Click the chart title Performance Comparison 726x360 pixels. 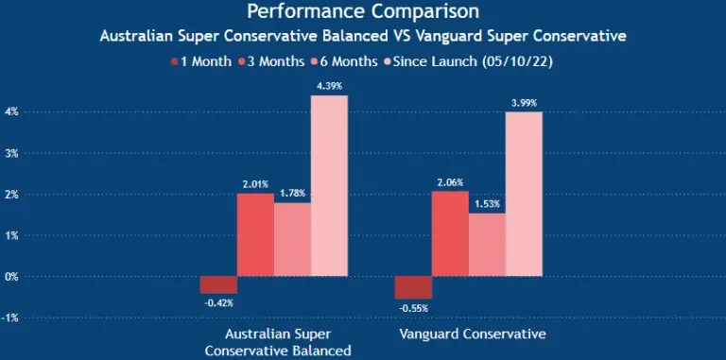pyautogui.click(x=362, y=12)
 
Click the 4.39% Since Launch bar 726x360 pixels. pyautogui.click(x=329, y=185)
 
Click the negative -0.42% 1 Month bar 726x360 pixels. pyautogui.click(x=218, y=284)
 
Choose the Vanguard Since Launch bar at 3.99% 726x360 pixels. pyautogui.click(x=524, y=194)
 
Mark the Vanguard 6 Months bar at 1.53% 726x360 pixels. pyautogui.click(x=487, y=244)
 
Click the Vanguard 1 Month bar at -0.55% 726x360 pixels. pyautogui.click(x=413, y=287)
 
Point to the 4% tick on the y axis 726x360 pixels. pyautogui.click(x=11, y=111)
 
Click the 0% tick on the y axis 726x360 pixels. pyautogui.click(x=11, y=277)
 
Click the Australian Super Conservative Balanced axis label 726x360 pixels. pyautogui.click(x=279, y=343)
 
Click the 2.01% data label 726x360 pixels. pyautogui.click(x=254, y=184)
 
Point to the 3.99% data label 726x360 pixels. pyautogui.click(x=524, y=103)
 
